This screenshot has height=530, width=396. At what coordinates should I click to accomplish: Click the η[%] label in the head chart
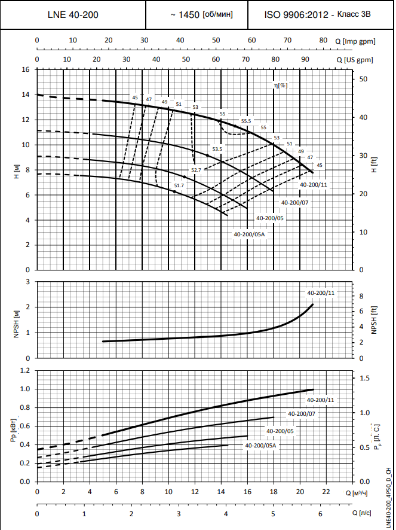(280, 86)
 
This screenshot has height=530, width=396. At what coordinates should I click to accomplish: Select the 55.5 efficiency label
(246, 121)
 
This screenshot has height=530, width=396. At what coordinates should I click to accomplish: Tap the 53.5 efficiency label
(217, 149)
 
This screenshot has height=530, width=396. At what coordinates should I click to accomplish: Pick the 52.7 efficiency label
(197, 170)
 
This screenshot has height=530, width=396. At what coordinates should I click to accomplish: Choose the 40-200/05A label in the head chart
(249, 234)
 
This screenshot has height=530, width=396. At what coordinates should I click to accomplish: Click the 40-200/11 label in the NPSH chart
(321, 293)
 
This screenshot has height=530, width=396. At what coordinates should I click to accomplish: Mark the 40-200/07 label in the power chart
(302, 413)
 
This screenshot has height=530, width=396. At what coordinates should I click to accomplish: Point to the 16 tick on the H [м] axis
(25, 70)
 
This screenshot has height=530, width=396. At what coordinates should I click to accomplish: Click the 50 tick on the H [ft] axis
(363, 79)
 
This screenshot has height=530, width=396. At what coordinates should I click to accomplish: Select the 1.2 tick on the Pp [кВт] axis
(24, 370)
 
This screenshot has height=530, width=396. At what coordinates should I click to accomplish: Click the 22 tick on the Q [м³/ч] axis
(326, 492)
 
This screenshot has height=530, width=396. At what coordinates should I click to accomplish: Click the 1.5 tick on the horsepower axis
(364, 378)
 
